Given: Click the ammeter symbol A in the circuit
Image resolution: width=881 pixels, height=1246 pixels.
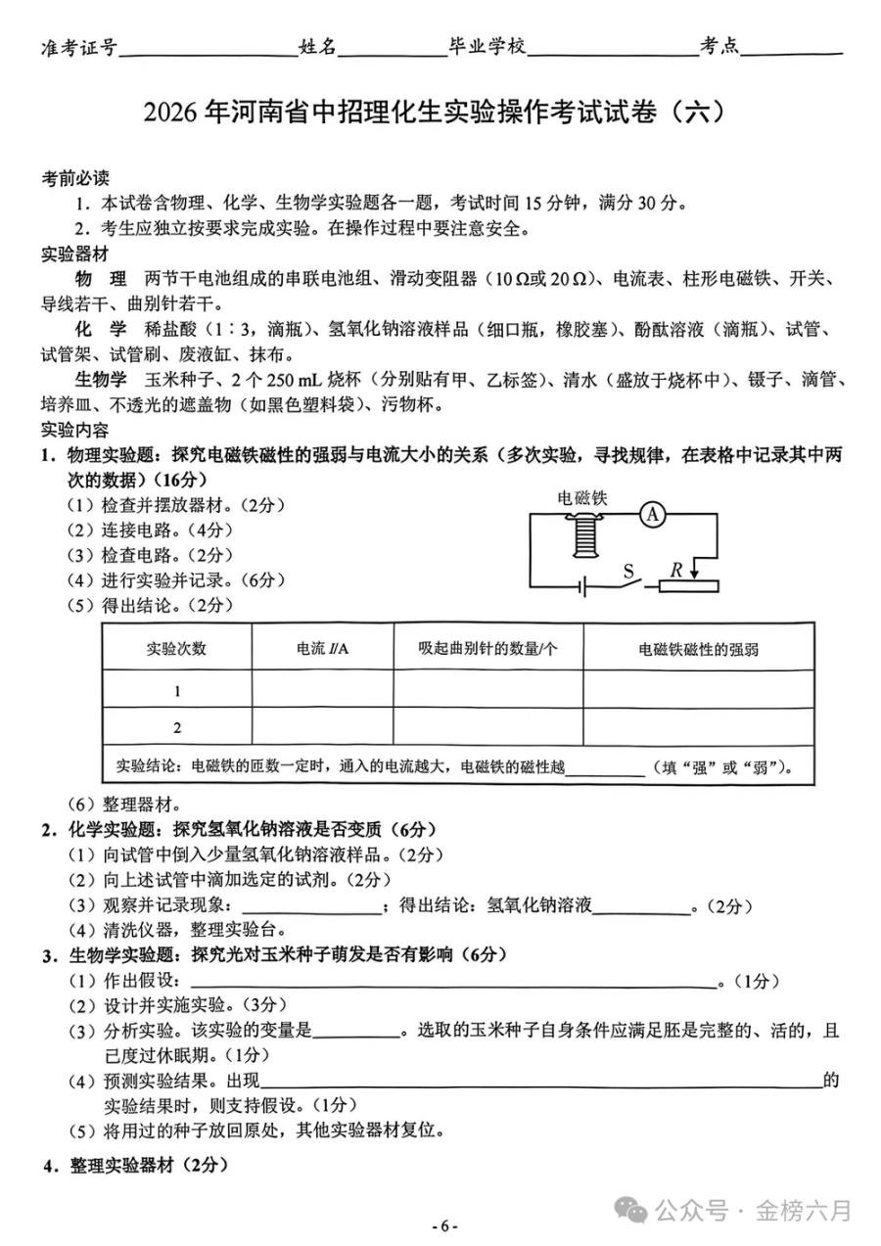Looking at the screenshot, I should click(x=653, y=516).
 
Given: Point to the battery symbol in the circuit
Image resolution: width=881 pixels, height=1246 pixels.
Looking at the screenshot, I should click(x=582, y=587).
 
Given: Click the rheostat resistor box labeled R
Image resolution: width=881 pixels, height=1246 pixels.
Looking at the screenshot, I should click(x=688, y=586).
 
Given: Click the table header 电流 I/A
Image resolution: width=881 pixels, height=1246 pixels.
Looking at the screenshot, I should click(x=322, y=648).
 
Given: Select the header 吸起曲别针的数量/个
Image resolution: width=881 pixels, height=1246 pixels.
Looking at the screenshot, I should click(x=487, y=648).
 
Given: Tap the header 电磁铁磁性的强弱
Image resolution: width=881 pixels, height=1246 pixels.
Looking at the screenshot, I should click(x=698, y=648).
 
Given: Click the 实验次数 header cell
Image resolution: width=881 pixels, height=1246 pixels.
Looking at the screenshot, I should click(x=177, y=648).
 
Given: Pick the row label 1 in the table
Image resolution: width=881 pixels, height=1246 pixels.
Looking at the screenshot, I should click(x=177, y=691).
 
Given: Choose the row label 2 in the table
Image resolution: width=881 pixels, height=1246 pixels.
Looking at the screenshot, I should click(x=177, y=727).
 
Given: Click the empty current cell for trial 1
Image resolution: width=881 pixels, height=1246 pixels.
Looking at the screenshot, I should click(x=322, y=691).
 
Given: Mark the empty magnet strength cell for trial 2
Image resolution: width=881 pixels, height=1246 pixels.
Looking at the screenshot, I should click(x=698, y=727).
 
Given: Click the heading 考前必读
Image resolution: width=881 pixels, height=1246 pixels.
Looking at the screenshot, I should click(x=74, y=179).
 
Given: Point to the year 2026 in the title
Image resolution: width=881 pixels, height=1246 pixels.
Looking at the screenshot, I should click(x=171, y=114).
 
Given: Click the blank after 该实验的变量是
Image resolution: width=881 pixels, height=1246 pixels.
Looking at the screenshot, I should click(x=356, y=1031).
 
